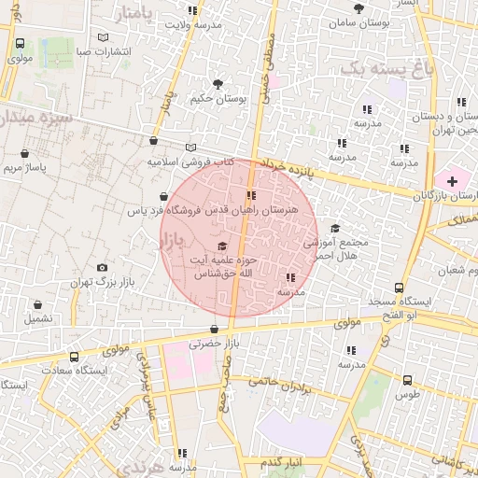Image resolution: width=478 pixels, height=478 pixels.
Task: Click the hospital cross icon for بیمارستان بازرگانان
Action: pos(453,179)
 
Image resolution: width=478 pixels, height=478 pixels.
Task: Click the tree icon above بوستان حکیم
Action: pos(218,84)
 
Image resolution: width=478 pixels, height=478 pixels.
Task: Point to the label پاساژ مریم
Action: pos(24,168)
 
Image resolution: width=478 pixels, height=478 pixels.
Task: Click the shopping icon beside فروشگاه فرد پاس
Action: pos(164,197)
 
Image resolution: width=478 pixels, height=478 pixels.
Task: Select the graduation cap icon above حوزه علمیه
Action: pos(220,245)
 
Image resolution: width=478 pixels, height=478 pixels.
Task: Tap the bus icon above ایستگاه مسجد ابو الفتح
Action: pos(399,288)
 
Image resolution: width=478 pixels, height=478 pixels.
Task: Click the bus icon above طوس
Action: pos(407,380)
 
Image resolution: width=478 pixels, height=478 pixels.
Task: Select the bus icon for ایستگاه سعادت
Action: pos(74,357)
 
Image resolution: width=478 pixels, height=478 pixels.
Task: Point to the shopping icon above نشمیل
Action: pos(38,304)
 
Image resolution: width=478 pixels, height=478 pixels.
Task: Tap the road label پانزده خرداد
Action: pos(290,166)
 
